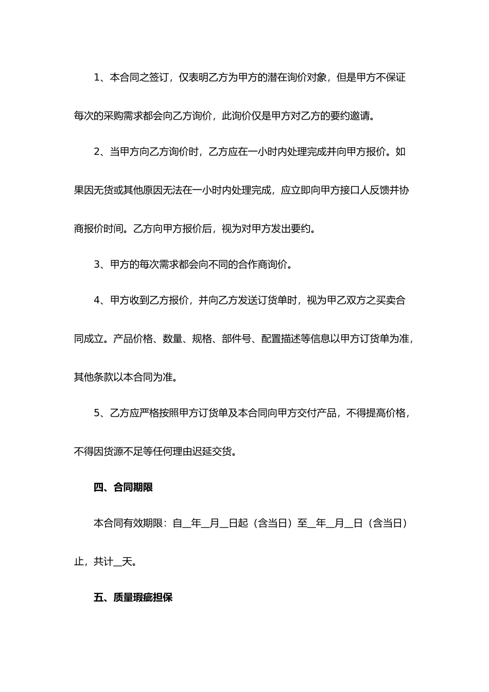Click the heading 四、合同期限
[123, 487]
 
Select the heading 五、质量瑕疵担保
[133, 597]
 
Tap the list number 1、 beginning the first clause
[101, 78]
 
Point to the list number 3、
[101, 265]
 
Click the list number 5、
[101, 413]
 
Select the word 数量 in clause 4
[172, 339]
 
